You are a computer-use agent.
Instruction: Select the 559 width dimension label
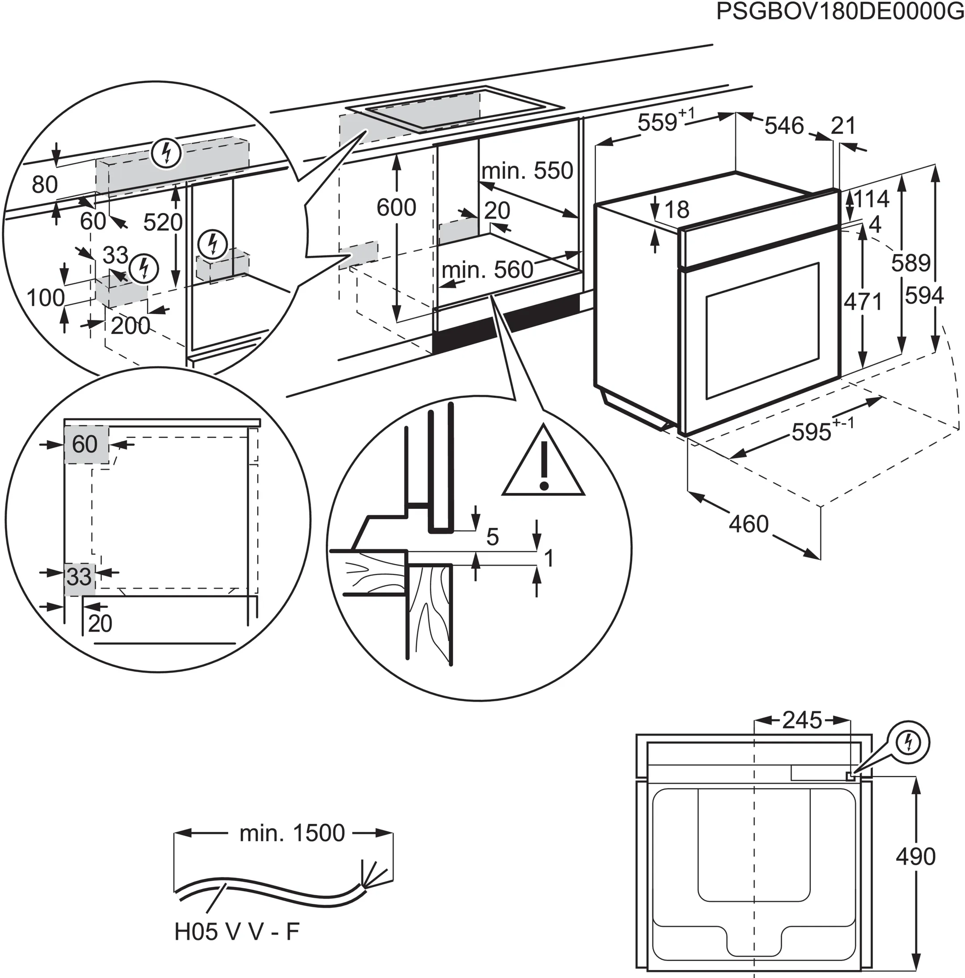click(658, 123)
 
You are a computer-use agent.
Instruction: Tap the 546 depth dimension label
click(784, 126)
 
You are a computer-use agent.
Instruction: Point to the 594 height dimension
click(924, 296)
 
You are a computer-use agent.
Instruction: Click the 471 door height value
click(863, 302)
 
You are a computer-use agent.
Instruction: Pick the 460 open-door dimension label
click(748, 524)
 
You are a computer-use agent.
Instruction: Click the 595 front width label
click(811, 432)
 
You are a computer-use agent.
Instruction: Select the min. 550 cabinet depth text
click(527, 171)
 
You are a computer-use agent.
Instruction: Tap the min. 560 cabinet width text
click(487, 270)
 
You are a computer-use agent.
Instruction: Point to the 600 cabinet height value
click(396, 207)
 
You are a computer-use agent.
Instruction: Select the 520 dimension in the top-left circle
click(162, 223)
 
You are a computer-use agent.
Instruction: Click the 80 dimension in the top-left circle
click(45, 185)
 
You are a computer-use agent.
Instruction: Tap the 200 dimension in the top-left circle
click(130, 326)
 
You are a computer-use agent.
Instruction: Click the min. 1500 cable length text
click(292, 833)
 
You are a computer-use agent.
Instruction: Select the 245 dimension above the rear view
click(802, 720)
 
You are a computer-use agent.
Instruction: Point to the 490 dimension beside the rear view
click(916, 856)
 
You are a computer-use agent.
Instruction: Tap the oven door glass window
click(762, 330)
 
